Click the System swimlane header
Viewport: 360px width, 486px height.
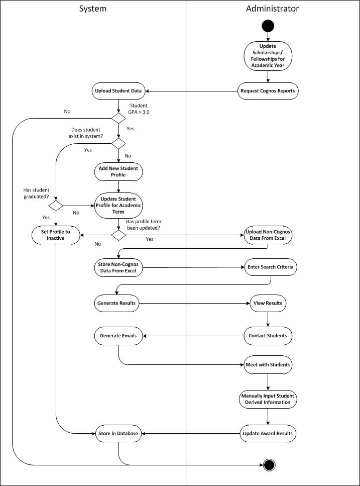click(93, 9)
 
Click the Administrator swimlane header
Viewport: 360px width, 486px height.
click(272, 9)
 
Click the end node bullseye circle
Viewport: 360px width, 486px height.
click(269, 465)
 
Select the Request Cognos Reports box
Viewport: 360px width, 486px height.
click(267, 91)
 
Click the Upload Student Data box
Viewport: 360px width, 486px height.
click(118, 91)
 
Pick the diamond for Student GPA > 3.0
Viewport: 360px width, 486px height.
click(118, 119)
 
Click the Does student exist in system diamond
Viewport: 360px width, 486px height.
click(118, 144)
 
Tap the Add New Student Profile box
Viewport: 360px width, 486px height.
click(118, 171)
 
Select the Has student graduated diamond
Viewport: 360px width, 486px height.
click(55, 206)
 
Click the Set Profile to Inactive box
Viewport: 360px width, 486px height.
click(55, 235)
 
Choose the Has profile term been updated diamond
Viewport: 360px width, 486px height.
click(118, 235)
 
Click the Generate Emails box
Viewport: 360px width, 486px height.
click(118, 335)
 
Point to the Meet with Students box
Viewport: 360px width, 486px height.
click(267, 364)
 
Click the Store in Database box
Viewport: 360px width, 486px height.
click(118, 433)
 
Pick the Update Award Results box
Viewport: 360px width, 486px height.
click(267, 433)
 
